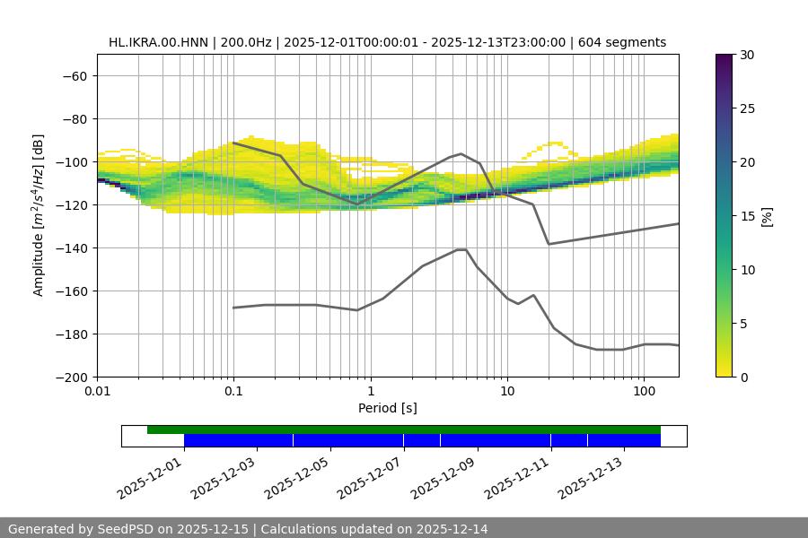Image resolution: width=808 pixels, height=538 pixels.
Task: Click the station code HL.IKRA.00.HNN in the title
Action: (158, 42)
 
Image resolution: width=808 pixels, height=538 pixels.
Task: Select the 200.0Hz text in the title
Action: (245, 42)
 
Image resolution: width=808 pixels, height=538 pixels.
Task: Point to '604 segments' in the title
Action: (622, 42)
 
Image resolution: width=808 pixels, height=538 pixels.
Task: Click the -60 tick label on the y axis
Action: (74, 76)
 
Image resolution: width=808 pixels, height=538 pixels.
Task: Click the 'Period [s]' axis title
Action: (388, 409)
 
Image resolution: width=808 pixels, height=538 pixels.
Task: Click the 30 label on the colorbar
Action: (747, 55)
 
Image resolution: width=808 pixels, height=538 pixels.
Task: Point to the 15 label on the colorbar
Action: (747, 216)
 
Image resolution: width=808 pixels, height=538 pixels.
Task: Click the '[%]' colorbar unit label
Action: (768, 216)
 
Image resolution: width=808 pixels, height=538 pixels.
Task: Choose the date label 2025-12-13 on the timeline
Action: (593, 478)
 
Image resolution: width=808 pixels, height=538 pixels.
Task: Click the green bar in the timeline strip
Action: (404, 430)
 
